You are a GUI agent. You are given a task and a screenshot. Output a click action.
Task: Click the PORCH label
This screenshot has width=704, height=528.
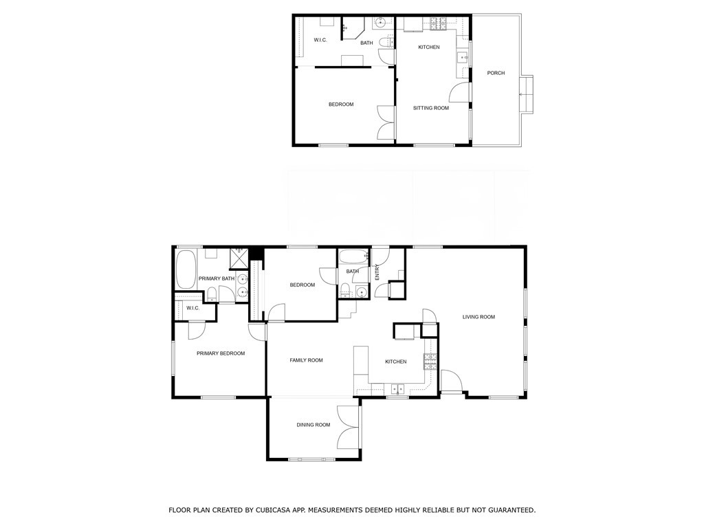pos(496,73)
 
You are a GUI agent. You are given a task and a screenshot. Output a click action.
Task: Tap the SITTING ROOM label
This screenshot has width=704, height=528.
pos(430,108)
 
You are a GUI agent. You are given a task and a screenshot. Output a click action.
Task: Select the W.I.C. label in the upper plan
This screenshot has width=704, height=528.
pos(320,41)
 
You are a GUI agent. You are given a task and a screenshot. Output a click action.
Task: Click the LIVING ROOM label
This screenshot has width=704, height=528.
pos(478,317)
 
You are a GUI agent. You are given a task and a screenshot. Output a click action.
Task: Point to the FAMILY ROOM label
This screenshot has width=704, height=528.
pos(306,360)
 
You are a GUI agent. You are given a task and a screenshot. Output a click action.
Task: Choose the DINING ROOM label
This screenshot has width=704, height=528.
pos(313,425)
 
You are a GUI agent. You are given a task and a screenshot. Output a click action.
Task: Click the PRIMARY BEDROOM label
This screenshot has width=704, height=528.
pos(221,353)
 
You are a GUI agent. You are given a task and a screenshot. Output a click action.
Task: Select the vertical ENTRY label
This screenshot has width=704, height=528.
pos(377,272)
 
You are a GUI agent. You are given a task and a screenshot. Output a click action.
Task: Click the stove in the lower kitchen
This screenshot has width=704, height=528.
pos(430,360)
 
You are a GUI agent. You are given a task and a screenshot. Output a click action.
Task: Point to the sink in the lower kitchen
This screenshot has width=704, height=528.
pos(397,389)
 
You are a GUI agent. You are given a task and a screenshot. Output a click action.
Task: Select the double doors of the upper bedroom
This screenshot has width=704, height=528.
pos(386,121)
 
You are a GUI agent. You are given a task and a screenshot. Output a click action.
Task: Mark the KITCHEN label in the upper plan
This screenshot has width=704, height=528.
pos(429,47)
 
